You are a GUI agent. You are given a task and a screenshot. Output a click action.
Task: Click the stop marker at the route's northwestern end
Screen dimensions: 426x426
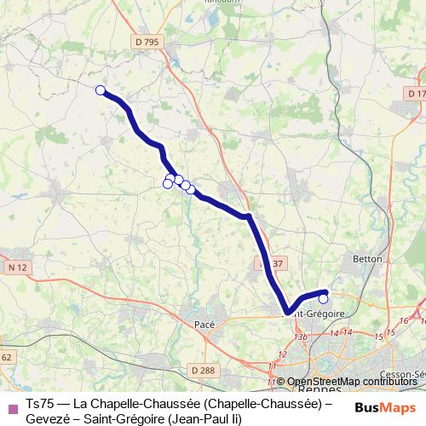click(x=100, y=90)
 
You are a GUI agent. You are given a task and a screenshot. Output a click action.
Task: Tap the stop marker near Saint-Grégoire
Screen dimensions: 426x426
click(x=323, y=299)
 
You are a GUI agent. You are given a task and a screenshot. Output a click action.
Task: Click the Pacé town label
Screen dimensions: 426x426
click(x=204, y=324)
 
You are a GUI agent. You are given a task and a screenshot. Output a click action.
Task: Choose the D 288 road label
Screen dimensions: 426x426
click(x=202, y=370)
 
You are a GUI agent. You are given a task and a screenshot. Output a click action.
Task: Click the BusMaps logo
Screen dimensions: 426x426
click(x=385, y=407)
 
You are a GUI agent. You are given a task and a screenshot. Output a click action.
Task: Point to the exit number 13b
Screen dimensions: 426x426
click(x=299, y=337)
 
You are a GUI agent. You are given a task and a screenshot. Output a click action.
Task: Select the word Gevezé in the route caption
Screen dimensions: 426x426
click(x=49, y=418)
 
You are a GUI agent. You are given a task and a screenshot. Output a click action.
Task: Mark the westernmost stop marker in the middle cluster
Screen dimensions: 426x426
click(x=168, y=184)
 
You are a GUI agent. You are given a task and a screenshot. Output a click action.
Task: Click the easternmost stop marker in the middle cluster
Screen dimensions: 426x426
click(x=191, y=189)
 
